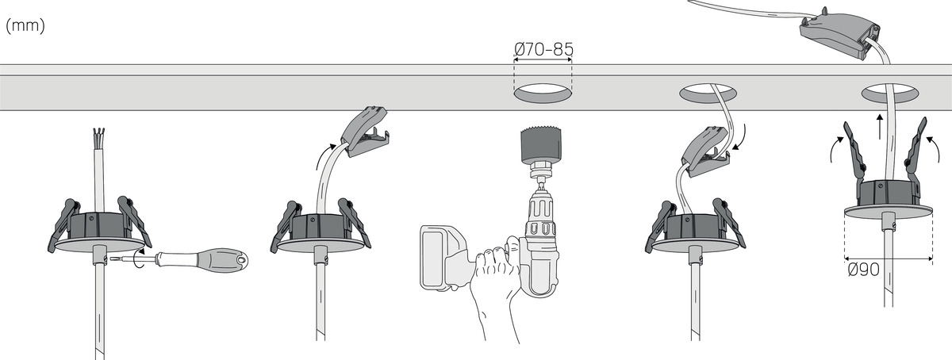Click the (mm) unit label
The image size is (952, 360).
[25, 26]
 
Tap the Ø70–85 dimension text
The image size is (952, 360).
[543, 49]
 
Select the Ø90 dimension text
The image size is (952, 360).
[863, 270]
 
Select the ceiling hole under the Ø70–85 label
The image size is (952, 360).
[543, 93]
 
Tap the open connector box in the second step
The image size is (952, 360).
[365, 132]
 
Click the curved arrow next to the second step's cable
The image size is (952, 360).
[325, 156]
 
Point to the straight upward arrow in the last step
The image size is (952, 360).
[880, 126]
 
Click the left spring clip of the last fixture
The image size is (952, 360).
[855, 153]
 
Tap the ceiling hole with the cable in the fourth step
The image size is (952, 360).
[708, 94]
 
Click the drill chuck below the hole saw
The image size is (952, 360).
[540, 173]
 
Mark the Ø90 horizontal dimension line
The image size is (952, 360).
[889, 258]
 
